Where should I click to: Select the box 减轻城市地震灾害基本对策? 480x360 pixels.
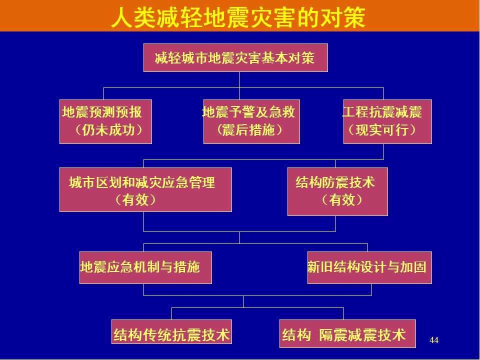pos(235,58)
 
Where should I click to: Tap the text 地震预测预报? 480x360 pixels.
pos(101,112)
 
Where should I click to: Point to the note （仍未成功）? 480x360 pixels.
pos(109,130)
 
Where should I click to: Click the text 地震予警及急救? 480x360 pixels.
pos(248,112)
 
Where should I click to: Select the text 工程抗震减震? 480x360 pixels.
pos(382,112)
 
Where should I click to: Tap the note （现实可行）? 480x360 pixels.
pos(382,130)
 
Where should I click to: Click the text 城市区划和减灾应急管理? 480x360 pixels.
pos(142,182)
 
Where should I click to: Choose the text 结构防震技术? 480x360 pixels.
pos(335,182)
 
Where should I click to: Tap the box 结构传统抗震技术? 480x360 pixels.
pos(172,333)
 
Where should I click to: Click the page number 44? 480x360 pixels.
pos(434,340)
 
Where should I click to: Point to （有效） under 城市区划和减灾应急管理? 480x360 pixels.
pos(135,200)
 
